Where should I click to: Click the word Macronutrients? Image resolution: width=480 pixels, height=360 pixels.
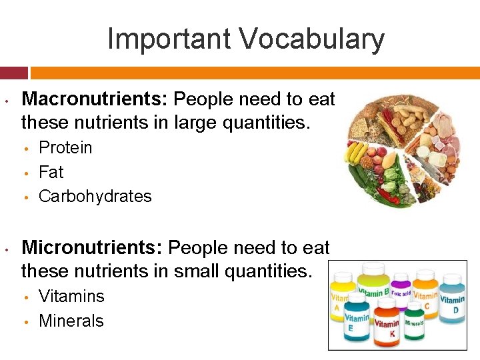click(95, 100)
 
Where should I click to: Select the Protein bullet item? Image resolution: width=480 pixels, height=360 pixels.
click(65, 147)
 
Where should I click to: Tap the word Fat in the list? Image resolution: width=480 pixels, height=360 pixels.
click(51, 172)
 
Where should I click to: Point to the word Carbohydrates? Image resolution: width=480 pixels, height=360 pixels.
click(95, 197)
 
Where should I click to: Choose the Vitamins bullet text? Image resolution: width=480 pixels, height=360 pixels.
click(71, 296)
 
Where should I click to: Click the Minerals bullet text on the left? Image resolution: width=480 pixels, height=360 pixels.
click(71, 321)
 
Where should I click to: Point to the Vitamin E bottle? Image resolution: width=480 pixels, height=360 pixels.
click(357, 320)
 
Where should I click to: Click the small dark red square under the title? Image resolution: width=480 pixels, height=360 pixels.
click(14, 72)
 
